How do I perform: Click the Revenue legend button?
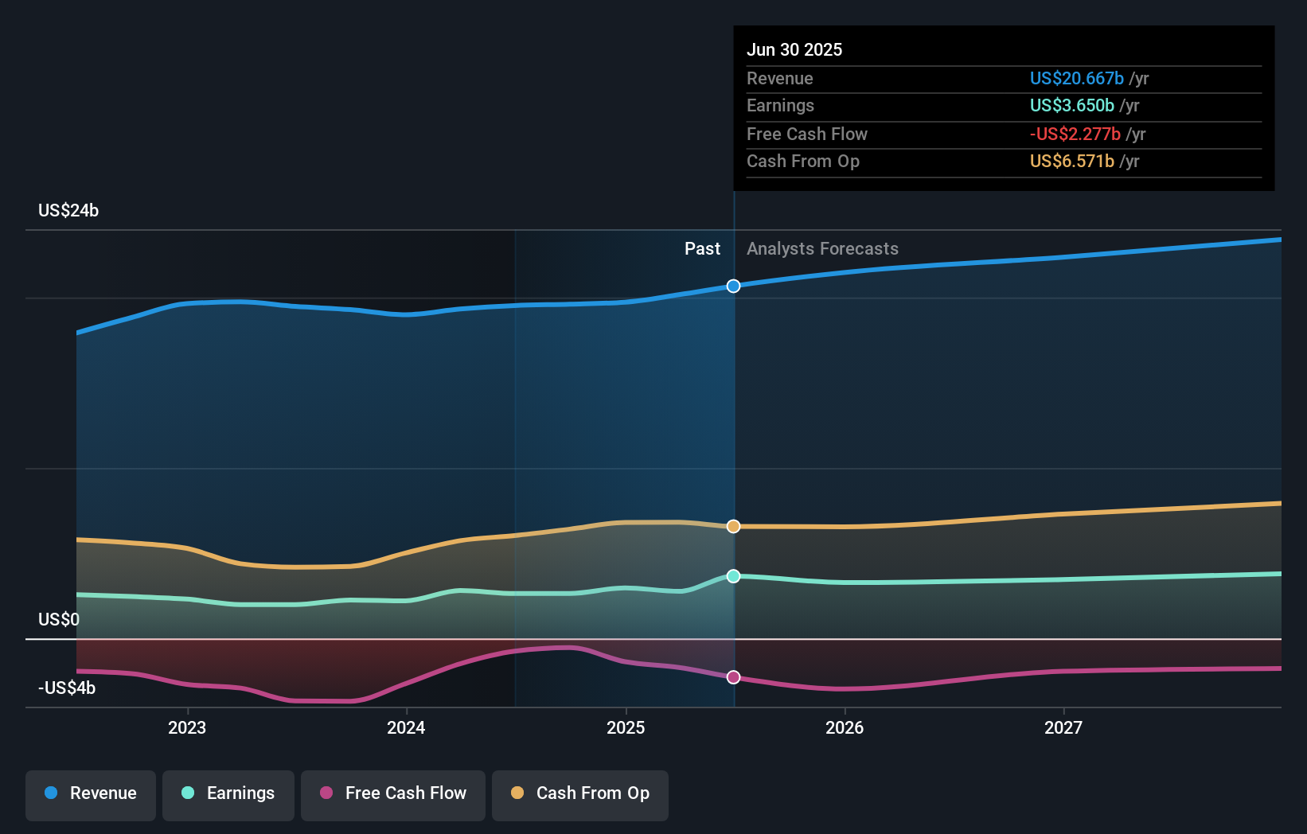click(x=91, y=793)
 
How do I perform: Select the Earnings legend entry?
click(x=228, y=793)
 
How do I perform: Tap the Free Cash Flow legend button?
click(x=393, y=793)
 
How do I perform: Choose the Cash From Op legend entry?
click(x=580, y=793)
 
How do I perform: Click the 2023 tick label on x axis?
click(x=187, y=727)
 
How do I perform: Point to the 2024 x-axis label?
click(x=406, y=727)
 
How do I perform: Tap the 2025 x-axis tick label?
click(x=626, y=727)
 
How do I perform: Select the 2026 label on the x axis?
click(x=845, y=727)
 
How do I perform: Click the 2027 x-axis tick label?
click(x=1063, y=727)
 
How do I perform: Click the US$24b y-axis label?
click(x=68, y=210)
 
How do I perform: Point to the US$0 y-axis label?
click(x=59, y=619)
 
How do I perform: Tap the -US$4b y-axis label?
click(x=67, y=688)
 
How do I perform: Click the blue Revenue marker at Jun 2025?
click(x=734, y=286)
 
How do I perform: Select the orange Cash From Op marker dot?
click(x=734, y=526)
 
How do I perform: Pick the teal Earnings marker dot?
click(x=734, y=575)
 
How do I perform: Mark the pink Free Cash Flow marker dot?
click(x=734, y=677)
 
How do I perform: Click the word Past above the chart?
click(x=702, y=249)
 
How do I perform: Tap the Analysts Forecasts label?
click(x=822, y=249)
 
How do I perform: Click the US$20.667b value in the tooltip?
click(x=1076, y=78)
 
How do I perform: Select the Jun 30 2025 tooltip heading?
click(x=794, y=49)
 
